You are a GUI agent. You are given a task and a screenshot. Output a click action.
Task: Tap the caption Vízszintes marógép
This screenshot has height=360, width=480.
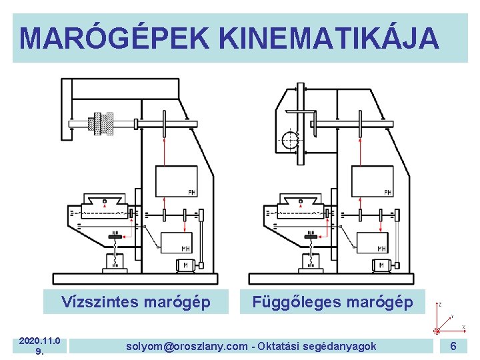pos(136,302)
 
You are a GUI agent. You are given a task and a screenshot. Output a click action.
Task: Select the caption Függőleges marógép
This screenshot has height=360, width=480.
pos(332,302)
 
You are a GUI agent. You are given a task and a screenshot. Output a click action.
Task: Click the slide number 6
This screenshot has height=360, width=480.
pos(453,346)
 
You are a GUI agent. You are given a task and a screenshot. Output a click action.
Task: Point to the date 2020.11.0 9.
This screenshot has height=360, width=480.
pos(40,346)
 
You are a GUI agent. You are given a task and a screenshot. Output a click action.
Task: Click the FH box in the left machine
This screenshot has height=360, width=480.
pos(177,181)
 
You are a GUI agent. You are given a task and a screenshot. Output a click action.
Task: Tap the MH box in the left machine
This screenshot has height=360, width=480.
pos(177,241)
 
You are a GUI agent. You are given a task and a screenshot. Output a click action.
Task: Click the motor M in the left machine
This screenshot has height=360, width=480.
pos(185,265)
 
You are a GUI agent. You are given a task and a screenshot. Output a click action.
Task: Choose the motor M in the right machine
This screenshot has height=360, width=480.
pos(381,265)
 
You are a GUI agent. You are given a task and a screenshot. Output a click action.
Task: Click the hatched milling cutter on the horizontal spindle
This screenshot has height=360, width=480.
pos(103,123)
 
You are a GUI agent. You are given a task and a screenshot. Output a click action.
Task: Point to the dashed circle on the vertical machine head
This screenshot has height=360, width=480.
pos(290,141)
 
